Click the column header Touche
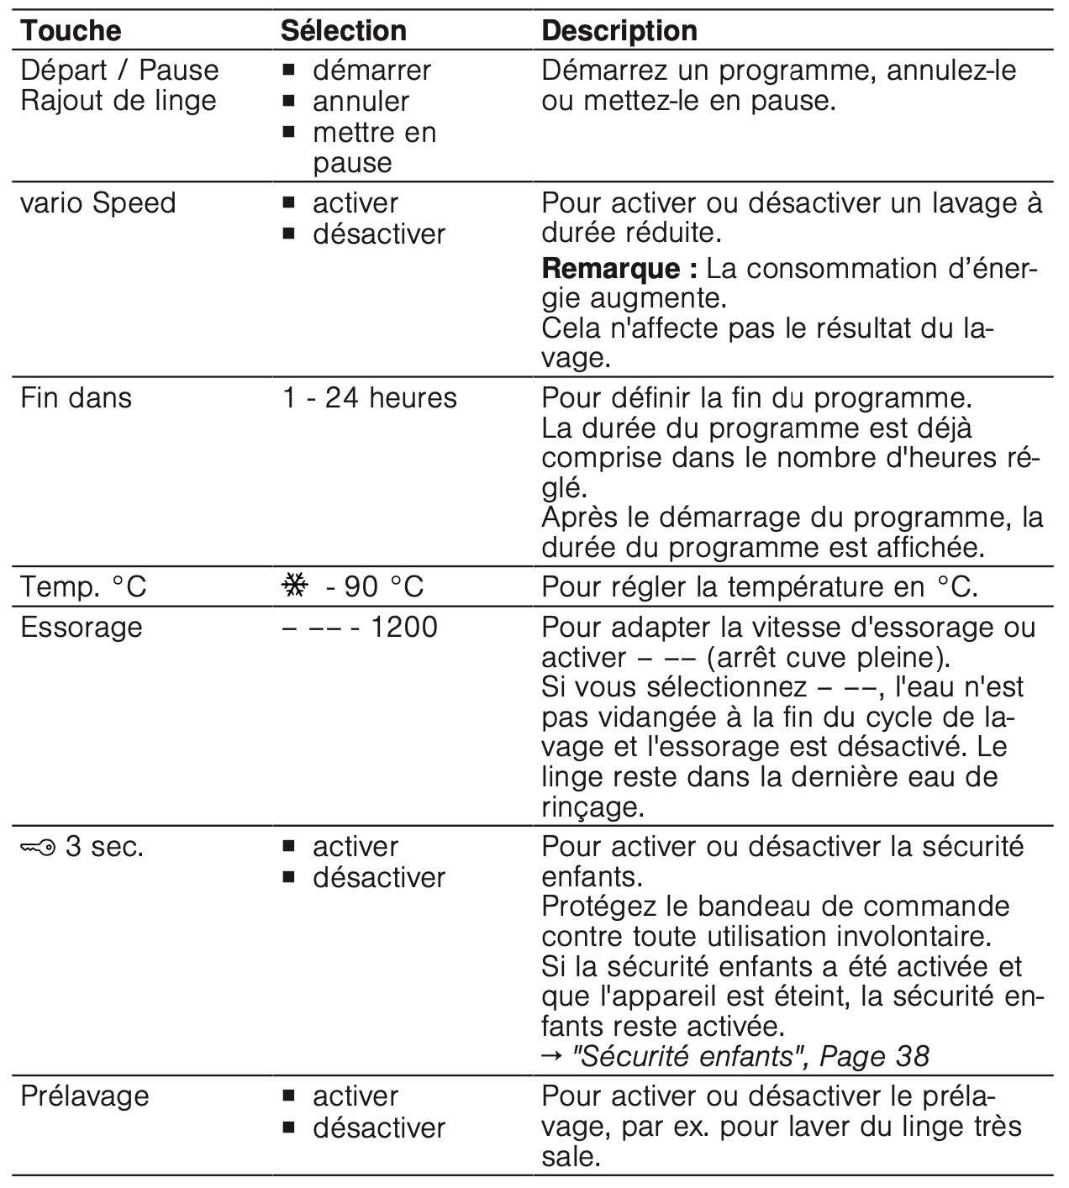click(x=71, y=31)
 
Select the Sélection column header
click(x=344, y=31)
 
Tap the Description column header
click(x=619, y=31)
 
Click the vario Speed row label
click(x=98, y=203)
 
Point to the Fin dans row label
click(x=76, y=397)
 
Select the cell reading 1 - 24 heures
click(x=370, y=397)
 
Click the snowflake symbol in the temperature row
click(x=295, y=586)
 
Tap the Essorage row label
click(x=82, y=628)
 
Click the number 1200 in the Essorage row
click(x=403, y=628)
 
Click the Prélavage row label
click(x=85, y=1096)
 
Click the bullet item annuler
click(x=361, y=102)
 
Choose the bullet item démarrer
click(x=371, y=71)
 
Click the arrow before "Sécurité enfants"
click(x=553, y=1057)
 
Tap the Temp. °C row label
click(x=83, y=586)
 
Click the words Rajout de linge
click(x=118, y=101)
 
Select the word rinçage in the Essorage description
click(x=592, y=807)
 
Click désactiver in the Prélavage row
click(x=378, y=1128)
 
